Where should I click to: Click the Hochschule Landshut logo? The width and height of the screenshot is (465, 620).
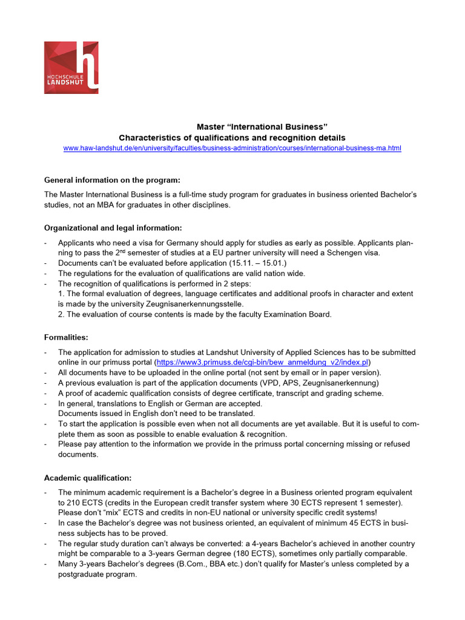point(71,67)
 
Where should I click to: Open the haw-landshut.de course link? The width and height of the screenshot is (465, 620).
point(232,148)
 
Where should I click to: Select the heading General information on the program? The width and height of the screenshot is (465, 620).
point(113,180)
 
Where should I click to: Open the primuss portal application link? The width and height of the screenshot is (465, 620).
point(262,362)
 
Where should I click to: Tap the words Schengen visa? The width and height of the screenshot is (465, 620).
point(354,252)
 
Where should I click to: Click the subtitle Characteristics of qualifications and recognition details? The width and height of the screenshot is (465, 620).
point(232,137)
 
